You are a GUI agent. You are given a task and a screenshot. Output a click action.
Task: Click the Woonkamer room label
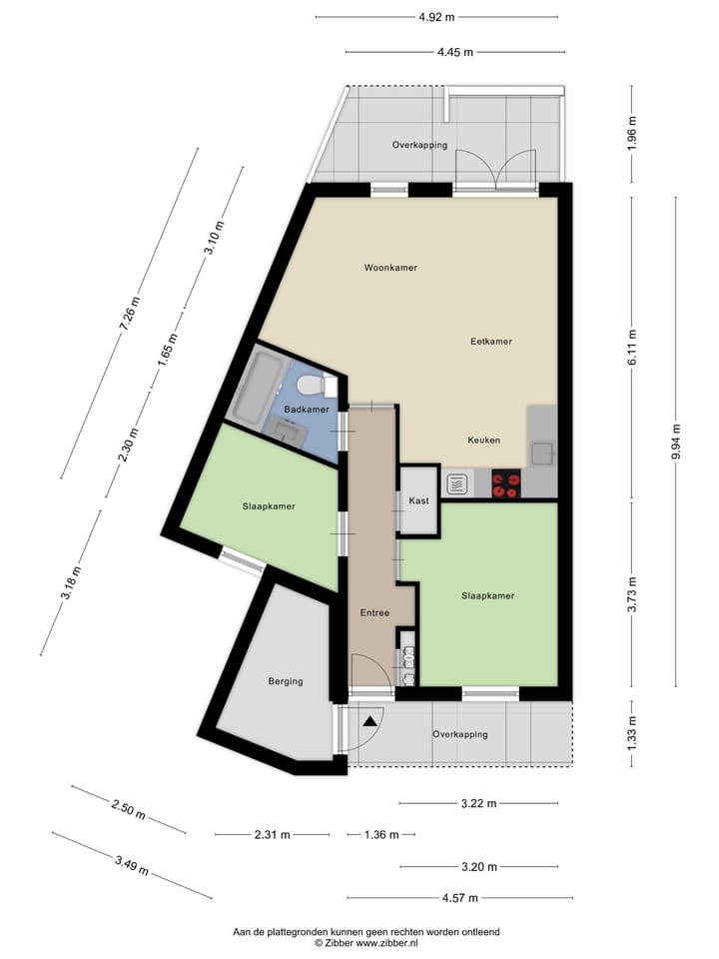tap(390, 268)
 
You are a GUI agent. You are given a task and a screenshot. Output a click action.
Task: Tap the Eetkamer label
tap(491, 341)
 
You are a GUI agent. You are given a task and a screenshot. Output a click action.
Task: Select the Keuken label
tap(484, 440)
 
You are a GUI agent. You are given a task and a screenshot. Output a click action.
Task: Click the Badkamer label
tap(307, 410)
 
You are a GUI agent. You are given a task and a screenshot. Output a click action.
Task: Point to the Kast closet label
tap(419, 500)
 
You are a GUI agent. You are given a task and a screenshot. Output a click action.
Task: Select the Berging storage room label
tap(285, 681)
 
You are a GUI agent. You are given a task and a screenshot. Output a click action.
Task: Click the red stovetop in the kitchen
tap(506, 484)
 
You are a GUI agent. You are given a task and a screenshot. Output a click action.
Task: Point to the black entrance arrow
tap(371, 719)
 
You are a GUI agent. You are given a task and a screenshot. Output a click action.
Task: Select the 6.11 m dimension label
tap(631, 347)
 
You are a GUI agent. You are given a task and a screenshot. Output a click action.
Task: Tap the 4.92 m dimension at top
tap(436, 17)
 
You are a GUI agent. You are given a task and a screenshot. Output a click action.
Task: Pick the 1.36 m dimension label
tap(380, 835)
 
